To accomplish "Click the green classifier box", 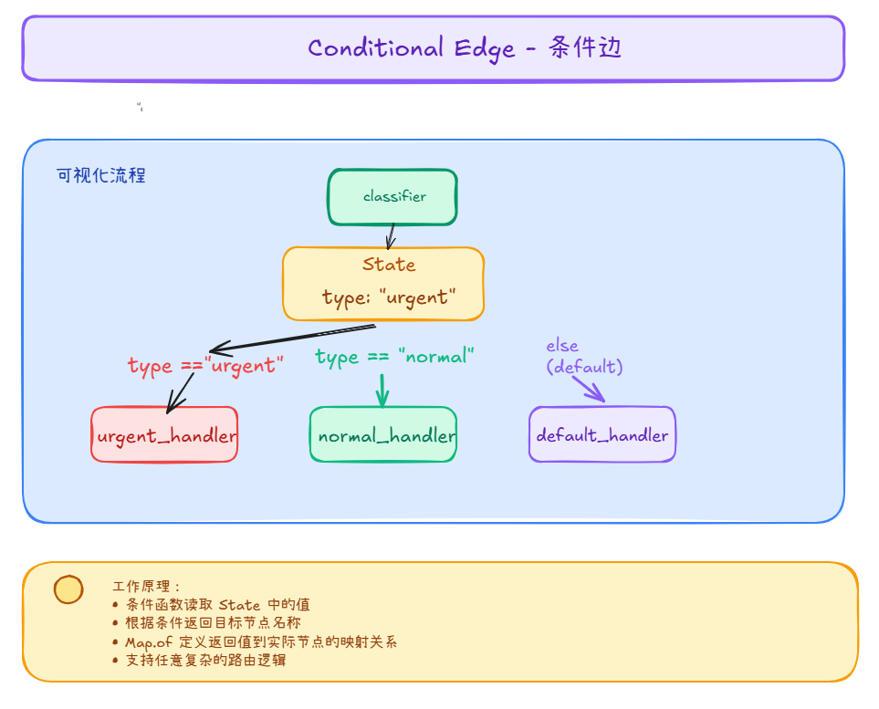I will pyautogui.click(x=392, y=197).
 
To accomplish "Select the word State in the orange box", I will pyautogui.click(x=389, y=265).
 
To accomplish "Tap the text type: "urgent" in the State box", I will pyautogui.click(x=388, y=297).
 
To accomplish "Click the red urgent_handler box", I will pyautogui.click(x=164, y=435).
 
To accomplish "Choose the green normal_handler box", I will pyautogui.click(x=383, y=435).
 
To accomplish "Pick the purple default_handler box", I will pyautogui.click(x=602, y=435).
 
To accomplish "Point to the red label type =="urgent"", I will pyautogui.click(x=205, y=366).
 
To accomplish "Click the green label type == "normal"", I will pyautogui.click(x=395, y=356).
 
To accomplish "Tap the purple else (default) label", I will pyautogui.click(x=584, y=357).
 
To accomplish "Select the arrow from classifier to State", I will pyautogui.click(x=392, y=236).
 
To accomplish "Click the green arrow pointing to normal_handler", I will pyautogui.click(x=382, y=391).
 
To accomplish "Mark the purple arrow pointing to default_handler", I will pyautogui.click(x=589, y=389).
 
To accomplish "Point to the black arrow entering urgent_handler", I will pyautogui.click(x=182, y=392).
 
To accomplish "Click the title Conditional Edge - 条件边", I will pyautogui.click(x=465, y=48).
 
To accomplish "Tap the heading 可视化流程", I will pyautogui.click(x=101, y=175).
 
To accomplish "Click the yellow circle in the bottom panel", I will pyautogui.click(x=68, y=589).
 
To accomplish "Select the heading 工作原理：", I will pyautogui.click(x=147, y=587).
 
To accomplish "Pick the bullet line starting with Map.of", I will pyautogui.click(x=261, y=641).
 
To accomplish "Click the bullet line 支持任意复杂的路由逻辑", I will pyautogui.click(x=205, y=660).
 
